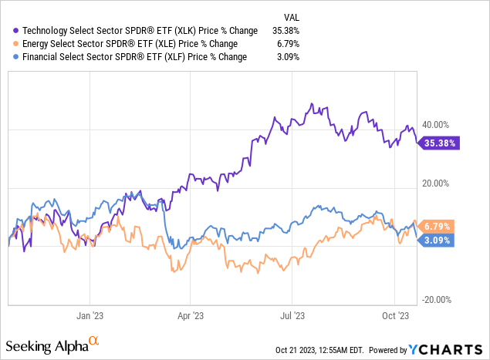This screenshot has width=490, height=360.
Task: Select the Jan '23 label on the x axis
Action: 90,315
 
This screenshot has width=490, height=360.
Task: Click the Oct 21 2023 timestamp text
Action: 319,349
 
